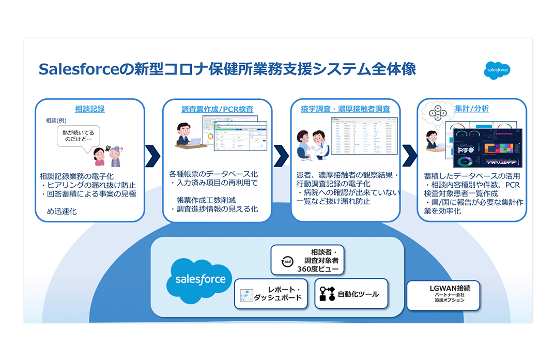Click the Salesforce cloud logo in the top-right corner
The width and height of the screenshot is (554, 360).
[497, 70]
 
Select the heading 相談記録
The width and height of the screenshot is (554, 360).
[90, 109]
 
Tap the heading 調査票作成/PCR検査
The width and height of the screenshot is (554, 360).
[218, 109]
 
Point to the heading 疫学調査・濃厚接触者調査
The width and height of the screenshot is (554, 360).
[345, 109]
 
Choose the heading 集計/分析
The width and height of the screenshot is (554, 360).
[472, 109]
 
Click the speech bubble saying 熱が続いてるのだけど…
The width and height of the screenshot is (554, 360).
[78, 136]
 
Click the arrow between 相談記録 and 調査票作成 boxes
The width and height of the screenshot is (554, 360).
[153, 156]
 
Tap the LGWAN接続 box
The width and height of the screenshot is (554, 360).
[443, 295]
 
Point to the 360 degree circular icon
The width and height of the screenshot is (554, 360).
[287, 262]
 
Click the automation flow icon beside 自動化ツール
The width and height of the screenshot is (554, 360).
[327, 294]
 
